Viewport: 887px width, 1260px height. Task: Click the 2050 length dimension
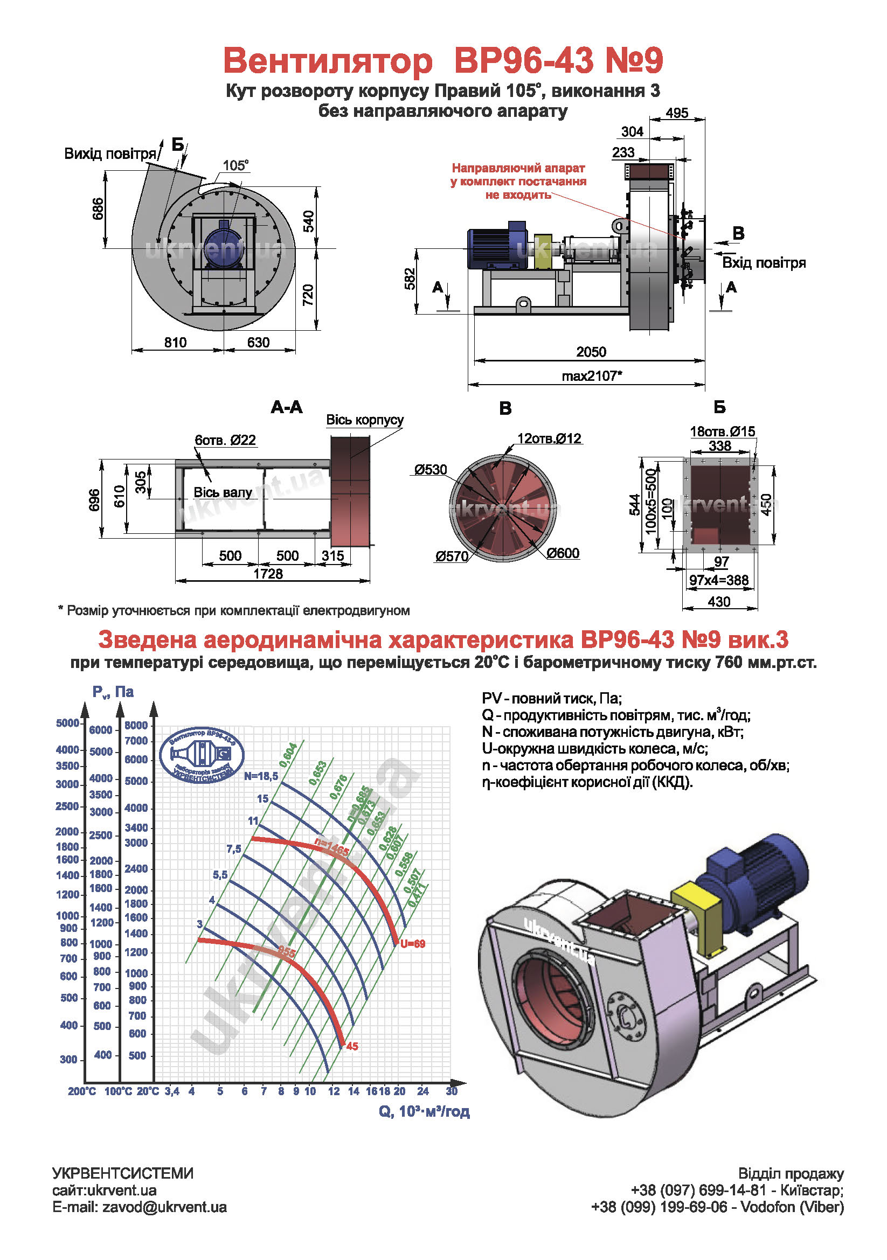click(591, 352)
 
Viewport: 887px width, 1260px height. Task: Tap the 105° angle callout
click(235, 165)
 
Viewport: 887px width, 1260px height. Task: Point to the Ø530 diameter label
click(431, 470)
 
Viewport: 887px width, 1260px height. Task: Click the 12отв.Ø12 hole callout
click(549, 438)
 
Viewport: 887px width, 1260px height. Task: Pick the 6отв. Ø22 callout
click(225, 440)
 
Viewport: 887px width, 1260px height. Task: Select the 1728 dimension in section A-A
click(268, 574)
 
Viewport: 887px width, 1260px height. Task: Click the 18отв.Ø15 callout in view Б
click(722, 431)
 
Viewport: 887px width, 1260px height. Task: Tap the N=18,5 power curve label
click(261, 776)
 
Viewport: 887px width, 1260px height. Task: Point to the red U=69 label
click(413, 944)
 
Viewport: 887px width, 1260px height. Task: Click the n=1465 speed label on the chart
click(331, 846)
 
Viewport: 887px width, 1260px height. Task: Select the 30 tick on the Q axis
click(452, 1091)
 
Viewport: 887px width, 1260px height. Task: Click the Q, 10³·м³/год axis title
click(424, 1111)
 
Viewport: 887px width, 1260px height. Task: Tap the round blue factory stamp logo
click(202, 756)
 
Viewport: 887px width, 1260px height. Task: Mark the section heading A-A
click(287, 407)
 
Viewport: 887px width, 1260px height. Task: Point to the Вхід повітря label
click(764, 263)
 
